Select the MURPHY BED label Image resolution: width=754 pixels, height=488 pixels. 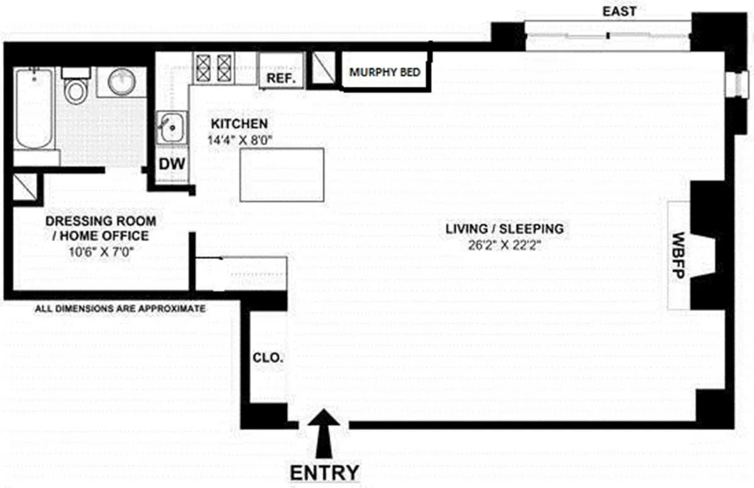point(385,72)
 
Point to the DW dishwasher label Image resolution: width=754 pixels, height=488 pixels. point(172,165)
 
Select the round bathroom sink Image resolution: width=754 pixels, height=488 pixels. point(122,82)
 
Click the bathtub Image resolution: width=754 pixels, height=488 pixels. point(34,110)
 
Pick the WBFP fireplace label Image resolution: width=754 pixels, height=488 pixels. point(679,255)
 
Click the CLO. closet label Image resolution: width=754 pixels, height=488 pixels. point(268,358)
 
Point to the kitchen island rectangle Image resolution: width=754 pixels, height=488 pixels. point(282,175)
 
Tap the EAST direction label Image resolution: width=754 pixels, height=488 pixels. point(619,11)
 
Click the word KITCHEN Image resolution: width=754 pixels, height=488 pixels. point(239,124)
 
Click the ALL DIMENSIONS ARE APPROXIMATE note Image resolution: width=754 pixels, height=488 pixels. point(119,308)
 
